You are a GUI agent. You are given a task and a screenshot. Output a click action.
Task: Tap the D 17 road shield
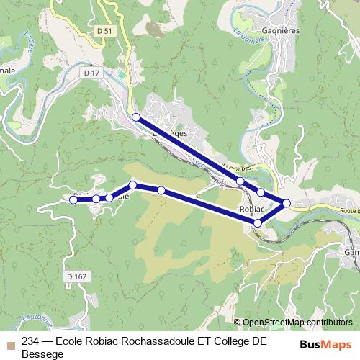pyautogui.click(x=91, y=73)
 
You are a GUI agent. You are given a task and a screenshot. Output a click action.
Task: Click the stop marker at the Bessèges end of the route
pyautogui.click(x=135, y=117)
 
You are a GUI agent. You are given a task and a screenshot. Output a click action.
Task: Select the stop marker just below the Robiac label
pyautogui.click(x=258, y=224)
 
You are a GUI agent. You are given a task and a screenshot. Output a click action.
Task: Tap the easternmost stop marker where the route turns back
pyautogui.click(x=287, y=203)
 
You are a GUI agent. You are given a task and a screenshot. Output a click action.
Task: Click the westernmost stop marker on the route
pyautogui.click(x=73, y=200)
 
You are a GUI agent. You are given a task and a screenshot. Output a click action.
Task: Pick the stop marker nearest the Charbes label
pyautogui.click(x=240, y=181)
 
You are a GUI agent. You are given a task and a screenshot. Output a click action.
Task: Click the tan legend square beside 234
pyautogui.click(x=11, y=343)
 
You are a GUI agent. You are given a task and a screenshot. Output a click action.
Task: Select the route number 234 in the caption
pyautogui.click(x=31, y=342)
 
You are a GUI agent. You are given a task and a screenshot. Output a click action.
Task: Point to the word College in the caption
pyautogui.click(x=231, y=342)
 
